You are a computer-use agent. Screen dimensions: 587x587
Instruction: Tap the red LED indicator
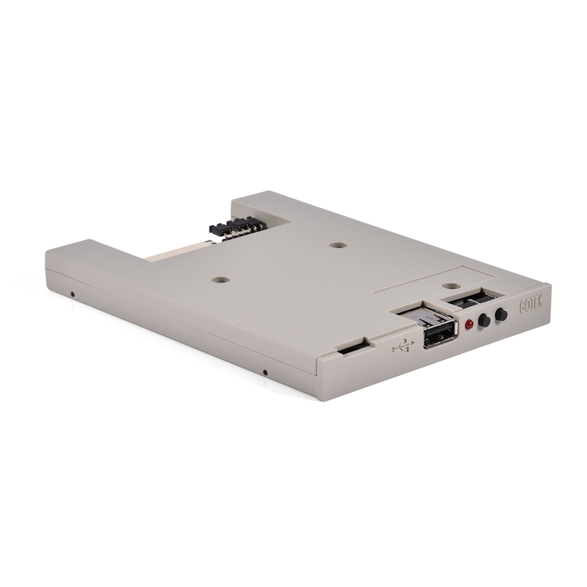click(x=469, y=324)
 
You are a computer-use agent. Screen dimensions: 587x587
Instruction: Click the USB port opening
click(x=439, y=337)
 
